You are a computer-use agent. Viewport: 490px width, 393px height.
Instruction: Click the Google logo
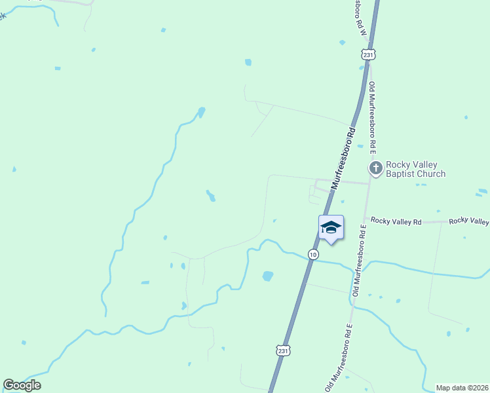pos(22,385)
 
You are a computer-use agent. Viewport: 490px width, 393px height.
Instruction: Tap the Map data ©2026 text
pos(462,388)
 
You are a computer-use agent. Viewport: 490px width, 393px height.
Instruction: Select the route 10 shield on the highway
pos(313,254)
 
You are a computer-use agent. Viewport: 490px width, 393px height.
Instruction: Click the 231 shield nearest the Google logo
pos(282,351)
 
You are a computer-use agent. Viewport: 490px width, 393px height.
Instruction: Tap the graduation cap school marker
pos(331,227)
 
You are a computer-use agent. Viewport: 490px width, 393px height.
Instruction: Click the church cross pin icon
pos(375,169)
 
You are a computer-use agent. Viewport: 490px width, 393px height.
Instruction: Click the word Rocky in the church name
pos(398,164)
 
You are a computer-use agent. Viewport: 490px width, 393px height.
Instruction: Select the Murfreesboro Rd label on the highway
pos(344,158)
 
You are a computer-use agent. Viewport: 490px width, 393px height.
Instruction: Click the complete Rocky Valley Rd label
pos(396,221)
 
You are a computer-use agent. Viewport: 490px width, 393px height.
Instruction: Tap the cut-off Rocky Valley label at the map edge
pos(469,221)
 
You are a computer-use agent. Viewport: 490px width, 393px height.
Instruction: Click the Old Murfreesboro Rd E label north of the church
pos(372,119)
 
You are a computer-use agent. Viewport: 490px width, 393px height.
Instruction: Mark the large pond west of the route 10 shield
pos(267,276)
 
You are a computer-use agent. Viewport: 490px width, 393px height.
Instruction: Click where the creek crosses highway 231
pos(308,260)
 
